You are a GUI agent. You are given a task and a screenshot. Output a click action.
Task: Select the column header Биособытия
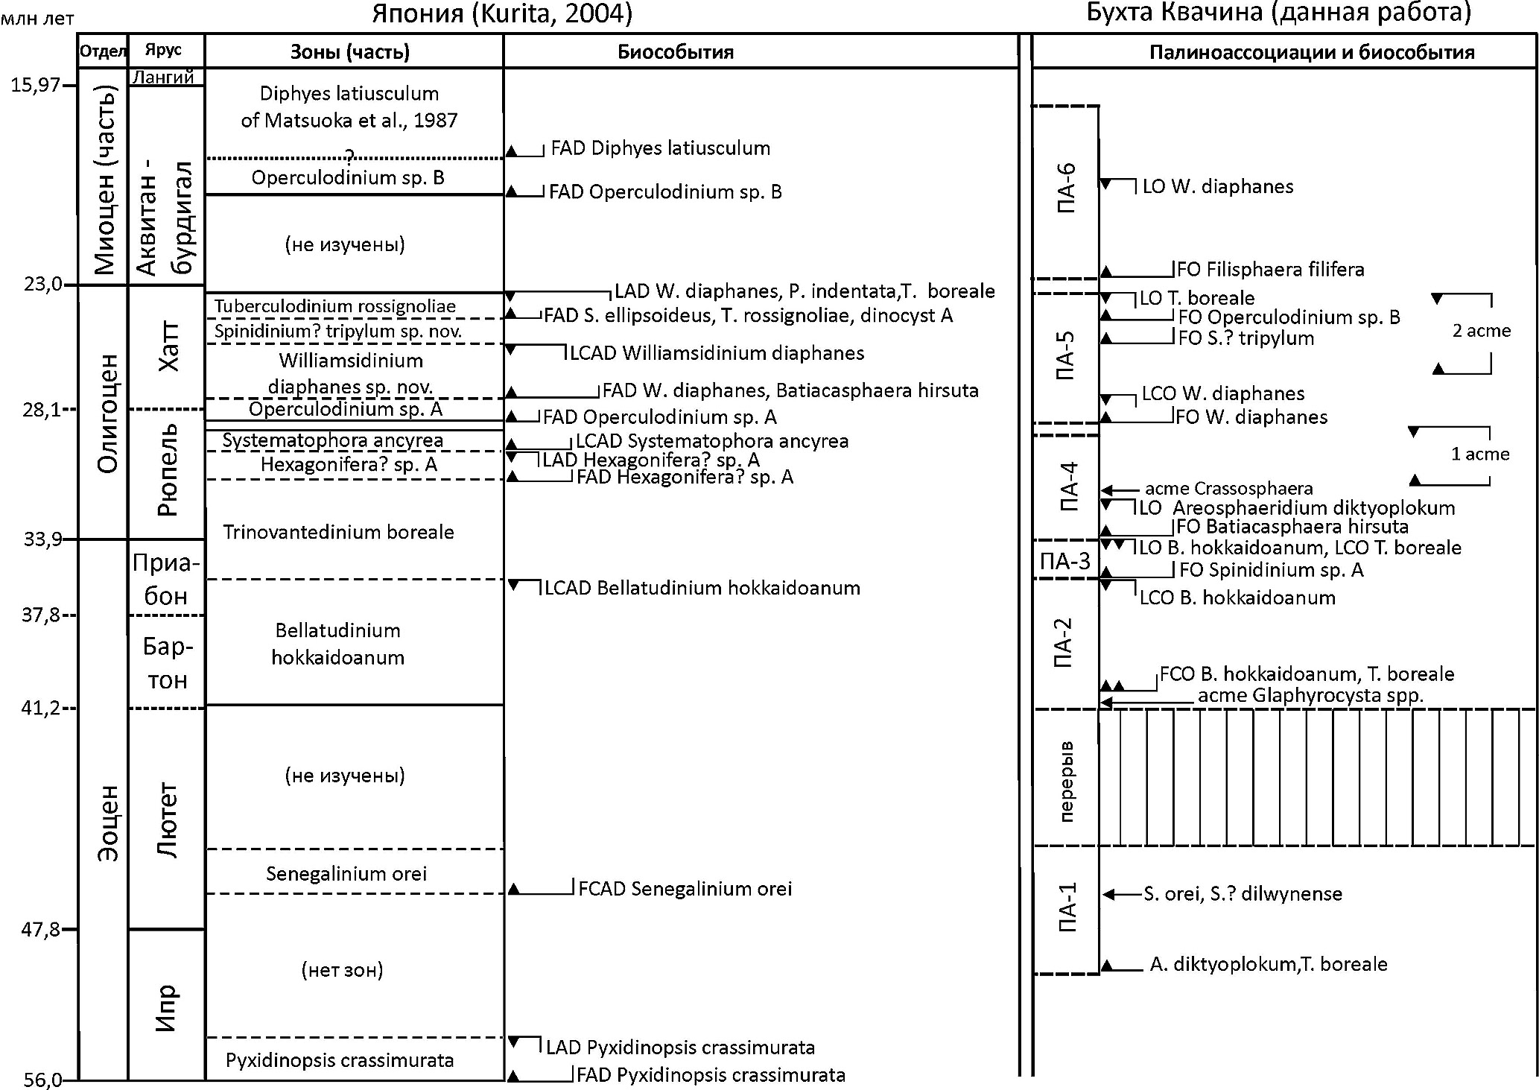[676, 52]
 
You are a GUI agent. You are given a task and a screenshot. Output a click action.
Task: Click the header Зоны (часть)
[349, 52]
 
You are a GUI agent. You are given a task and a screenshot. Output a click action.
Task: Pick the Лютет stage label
[167, 820]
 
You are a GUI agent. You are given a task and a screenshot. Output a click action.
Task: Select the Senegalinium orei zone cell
[346, 873]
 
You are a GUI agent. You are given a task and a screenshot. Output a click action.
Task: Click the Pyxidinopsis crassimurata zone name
[340, 1060]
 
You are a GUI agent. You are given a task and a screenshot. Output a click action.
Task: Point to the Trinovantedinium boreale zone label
[338, 532]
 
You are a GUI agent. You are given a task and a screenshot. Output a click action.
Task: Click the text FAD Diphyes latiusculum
[660, 148]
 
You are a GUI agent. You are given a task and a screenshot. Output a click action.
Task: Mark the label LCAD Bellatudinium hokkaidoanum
[702, 588]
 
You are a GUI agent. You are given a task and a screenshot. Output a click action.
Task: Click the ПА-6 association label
[1066, 188]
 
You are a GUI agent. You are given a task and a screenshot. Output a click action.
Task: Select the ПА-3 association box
[1065, 561]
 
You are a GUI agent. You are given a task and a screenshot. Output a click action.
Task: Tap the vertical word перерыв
[1066, 780]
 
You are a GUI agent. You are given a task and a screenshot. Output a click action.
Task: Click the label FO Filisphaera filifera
[1270, 269]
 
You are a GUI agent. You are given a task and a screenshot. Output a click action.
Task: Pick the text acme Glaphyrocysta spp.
[1310, 696]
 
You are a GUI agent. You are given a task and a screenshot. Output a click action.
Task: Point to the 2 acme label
[1481, 331]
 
